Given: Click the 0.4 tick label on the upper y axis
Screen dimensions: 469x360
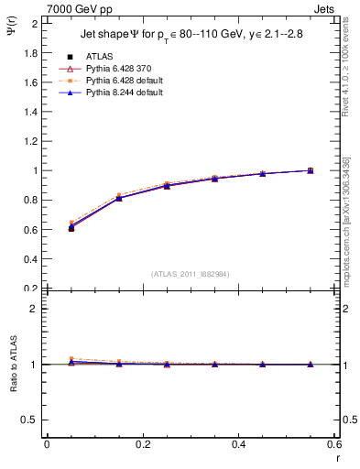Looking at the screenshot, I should (29, 259).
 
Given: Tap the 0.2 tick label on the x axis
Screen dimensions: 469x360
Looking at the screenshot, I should (142, 444).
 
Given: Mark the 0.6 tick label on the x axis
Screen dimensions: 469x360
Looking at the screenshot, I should (333, 444).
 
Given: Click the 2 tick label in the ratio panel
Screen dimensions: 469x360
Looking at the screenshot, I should (34, 310).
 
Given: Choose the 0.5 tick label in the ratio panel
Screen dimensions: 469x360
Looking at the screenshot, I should (29, 420).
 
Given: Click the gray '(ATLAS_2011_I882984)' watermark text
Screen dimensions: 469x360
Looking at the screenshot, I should (191, 274).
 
